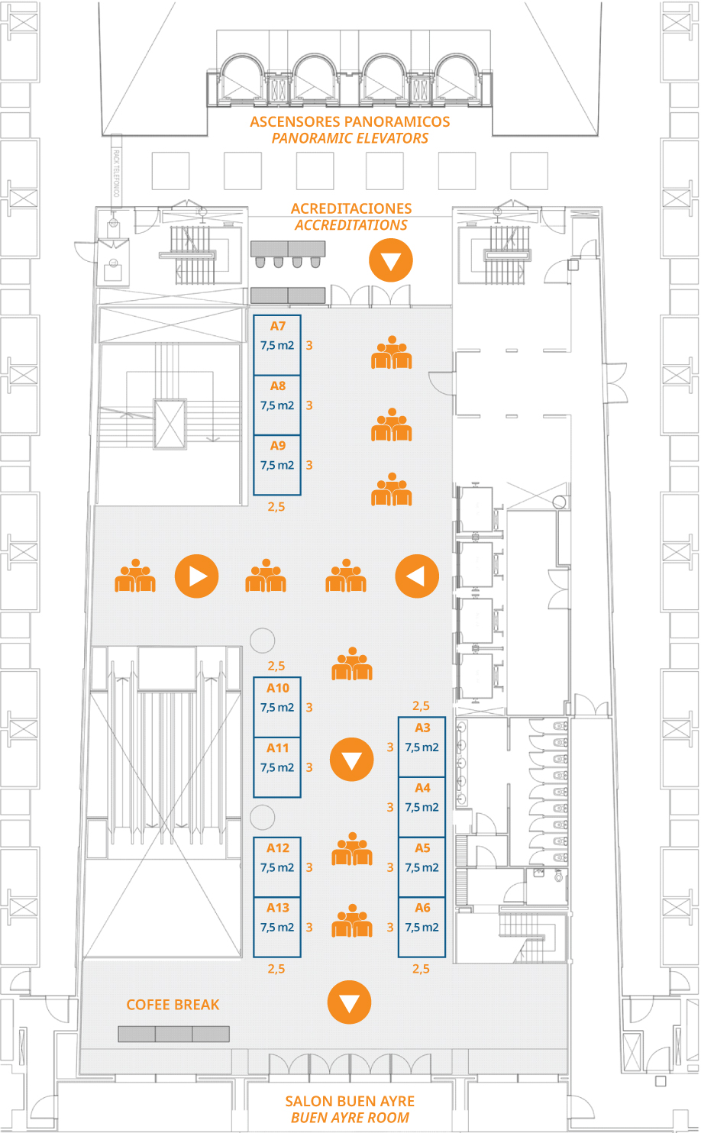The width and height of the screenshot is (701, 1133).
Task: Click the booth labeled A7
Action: (277, 345)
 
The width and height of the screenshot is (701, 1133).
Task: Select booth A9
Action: (277, 465)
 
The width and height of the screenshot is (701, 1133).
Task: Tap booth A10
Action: (277, 707)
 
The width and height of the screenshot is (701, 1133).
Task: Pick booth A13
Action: (277, 928)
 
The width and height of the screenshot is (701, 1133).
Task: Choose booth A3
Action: (422, 747)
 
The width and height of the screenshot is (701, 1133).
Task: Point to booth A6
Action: (422, 928)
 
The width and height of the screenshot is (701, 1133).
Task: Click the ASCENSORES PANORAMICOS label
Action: (350, 122)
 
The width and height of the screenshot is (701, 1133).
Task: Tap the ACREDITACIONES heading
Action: (351, 208)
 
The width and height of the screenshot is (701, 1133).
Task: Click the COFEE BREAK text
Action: (173, 1005)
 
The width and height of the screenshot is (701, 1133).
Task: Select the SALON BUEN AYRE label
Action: (350, 1101)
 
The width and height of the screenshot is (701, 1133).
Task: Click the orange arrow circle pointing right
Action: (197, 576)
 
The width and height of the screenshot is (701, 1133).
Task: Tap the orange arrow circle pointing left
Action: (417, 576)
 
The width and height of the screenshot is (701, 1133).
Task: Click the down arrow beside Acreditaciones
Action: (391, 260)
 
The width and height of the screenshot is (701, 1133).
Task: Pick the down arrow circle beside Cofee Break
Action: (350, 1002)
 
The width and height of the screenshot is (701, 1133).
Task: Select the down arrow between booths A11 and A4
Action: (352, 759)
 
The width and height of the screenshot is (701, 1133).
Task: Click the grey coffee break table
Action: (174, 1034)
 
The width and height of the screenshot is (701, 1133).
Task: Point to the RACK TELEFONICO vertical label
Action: (116, 173)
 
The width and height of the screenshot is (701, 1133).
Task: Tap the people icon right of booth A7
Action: (392, 353)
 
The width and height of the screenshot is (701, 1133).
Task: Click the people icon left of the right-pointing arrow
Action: (135, 576)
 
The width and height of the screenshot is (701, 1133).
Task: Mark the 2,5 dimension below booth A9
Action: (276, 507)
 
